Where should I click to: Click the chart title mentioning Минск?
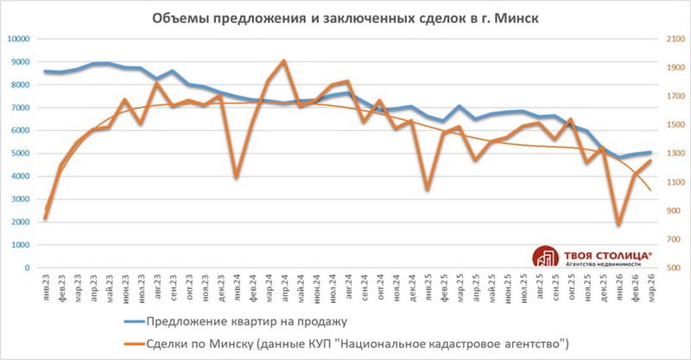click(x=345, y=18)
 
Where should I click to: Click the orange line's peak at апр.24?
click(x=284, y=60)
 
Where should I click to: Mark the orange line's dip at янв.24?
click(x=236, y=177)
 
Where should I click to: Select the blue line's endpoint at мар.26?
click(x=650, y=153)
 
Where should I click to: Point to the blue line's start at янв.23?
click(x=46, y=72)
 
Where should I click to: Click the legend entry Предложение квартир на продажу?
click(x=246, y=322)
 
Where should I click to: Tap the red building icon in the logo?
click(x=545, y=257)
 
